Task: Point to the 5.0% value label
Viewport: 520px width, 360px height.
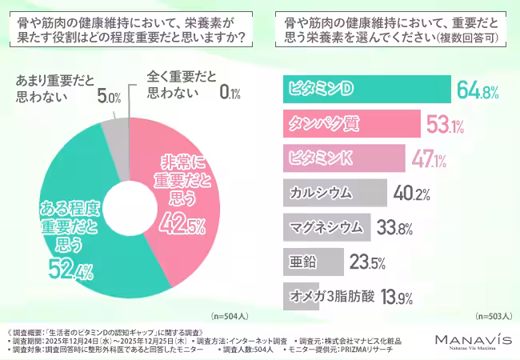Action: click(x=108, y=98)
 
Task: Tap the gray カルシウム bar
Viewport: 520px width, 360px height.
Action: click(x=335, y=192)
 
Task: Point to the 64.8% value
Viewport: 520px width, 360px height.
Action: click(x=479, y=90)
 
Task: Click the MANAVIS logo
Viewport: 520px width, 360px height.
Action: click(x=473, y=342)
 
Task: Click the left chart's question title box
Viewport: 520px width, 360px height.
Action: click(x=130, y=30)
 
